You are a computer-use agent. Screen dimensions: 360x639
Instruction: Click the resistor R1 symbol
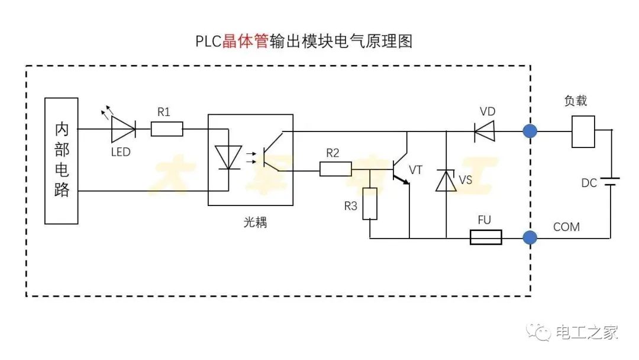point(167,129)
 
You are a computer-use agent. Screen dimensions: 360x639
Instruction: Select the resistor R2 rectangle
point(335,169)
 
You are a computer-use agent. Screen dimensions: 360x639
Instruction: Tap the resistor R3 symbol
point(370,203)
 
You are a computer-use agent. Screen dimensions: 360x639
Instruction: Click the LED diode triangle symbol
point(123,129)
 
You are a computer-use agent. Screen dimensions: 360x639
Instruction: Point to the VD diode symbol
point(484,131)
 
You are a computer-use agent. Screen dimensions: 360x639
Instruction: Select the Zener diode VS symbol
point(446,180)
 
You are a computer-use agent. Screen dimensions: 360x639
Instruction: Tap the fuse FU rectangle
point(486,238)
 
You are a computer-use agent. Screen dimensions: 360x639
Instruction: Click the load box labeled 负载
point(583,131)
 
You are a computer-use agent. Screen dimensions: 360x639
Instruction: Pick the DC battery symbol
point(611,181)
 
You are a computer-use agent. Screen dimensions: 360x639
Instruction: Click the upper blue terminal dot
point(530,131)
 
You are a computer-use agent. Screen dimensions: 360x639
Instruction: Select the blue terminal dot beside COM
point(530,238)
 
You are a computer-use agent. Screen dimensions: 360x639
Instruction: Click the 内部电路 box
point(62,160)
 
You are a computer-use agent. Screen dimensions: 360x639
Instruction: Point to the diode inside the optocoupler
point(228,157)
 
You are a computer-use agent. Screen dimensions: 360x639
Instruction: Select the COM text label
point(566,227)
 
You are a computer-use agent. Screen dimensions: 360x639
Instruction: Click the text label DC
point(589,183)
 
